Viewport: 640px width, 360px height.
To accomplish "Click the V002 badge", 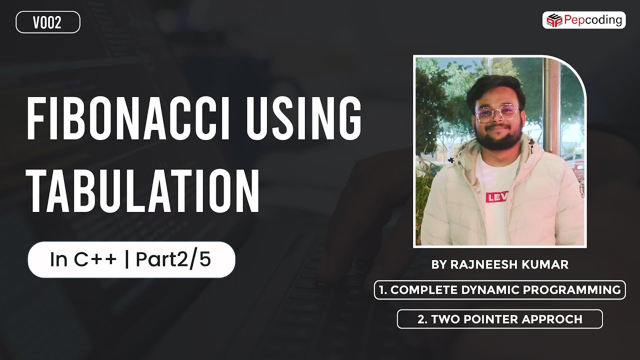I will coord(48,22).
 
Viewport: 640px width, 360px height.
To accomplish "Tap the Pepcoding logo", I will coord(584,20).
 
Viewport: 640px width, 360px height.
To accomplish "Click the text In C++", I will coord(83,259).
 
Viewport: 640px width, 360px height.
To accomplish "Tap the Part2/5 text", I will coord(173,259).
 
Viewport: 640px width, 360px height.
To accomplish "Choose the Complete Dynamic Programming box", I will coord(499,290).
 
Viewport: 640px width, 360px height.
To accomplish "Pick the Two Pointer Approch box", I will coord(499,319).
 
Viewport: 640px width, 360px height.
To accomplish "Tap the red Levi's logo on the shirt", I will coord(496,197).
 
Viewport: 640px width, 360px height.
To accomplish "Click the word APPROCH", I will coord(553,319).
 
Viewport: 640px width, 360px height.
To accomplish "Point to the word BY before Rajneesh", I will coord(438,265).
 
